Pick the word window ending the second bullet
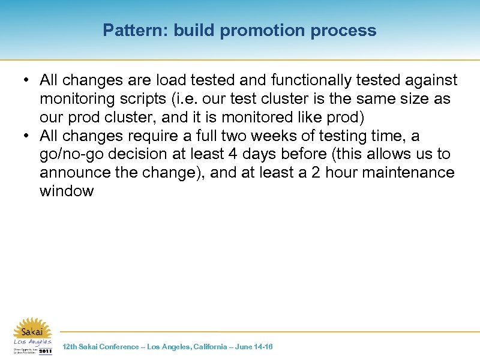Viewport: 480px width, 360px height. click(67, 191)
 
